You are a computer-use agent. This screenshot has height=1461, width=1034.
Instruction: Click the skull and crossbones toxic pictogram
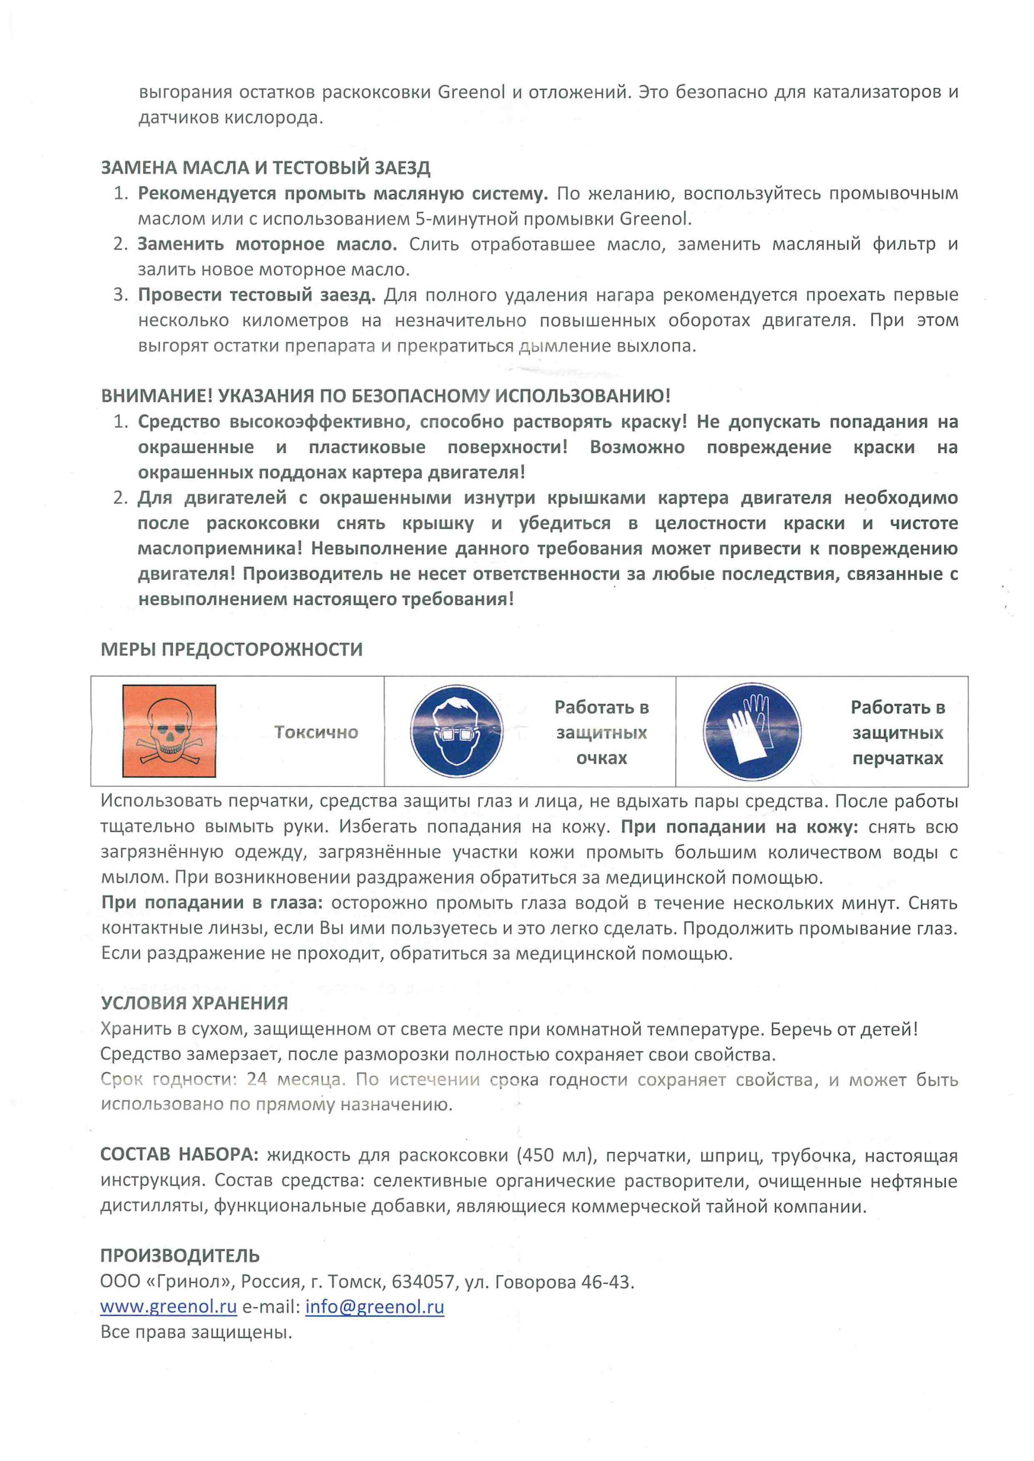pyautogui.click(x=169, y=730)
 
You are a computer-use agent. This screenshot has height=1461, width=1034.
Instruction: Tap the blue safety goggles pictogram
pyautogui.click(x=456, y=731)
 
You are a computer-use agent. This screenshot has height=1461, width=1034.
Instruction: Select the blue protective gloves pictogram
pyautogui.click(x=752, y=731)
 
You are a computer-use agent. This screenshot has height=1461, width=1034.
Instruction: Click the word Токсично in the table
pyautogui.click(x=316, y=732)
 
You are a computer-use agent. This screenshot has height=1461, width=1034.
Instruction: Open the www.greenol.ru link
pyautogui.click(x=168, y=1307)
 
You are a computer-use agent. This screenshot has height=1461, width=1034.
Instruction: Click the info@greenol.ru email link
pyautogui.click(x=375, y=1307)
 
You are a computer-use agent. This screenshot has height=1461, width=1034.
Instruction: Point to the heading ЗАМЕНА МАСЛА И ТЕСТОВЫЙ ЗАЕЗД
pyautogui.click(x=266, y=167)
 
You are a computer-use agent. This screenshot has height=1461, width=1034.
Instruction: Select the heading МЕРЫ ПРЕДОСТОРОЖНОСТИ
pyautogui.click(x=231, y=649)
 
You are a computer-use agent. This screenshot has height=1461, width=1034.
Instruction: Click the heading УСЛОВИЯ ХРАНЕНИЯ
pyautogui.click(x=194, y=1003)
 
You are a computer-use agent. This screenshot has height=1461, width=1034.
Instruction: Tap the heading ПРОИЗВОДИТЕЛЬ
pyautogui.click(x=180, y=1256)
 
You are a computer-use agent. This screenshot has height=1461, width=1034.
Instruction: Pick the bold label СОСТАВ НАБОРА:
pyautogui.click(x=180, y=1154)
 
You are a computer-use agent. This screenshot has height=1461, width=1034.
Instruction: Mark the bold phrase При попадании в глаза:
pyautogui.click(x=212, y=903)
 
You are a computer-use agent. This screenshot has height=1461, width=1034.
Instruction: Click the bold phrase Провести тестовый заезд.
pyautogui.click(x=256, y=294)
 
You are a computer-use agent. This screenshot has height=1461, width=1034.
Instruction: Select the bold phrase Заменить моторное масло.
pyautogui.click(x=266, y=244)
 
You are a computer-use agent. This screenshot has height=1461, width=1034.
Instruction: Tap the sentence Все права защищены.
pyautogui.click(x=196, y=1332)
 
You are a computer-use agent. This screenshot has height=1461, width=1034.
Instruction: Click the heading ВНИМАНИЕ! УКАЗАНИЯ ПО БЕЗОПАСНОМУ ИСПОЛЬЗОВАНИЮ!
pyautogui.click(x=385, y=396)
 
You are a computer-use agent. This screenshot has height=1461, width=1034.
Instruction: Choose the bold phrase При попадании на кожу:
pyautogui.click(x=739, y=827)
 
